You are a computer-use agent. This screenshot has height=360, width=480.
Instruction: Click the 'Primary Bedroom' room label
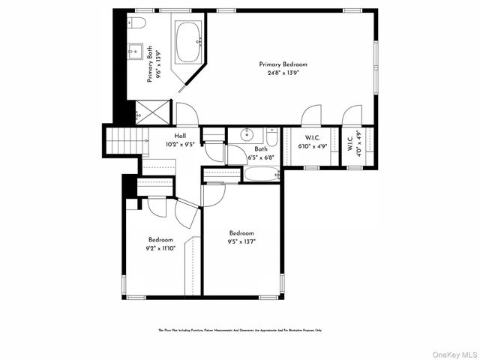coord(283,64)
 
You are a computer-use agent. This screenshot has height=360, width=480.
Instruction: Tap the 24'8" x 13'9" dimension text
coord(283,73)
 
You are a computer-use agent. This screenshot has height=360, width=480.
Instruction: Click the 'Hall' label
coord(180,136)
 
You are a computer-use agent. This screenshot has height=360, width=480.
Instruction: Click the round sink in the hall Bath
coord(247,135)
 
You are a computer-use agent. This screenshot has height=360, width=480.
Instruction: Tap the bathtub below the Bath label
coord(261,175)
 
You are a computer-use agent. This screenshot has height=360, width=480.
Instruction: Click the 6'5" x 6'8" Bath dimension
coord(260,157)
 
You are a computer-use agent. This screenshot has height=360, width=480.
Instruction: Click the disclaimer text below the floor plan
coord(239,329)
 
